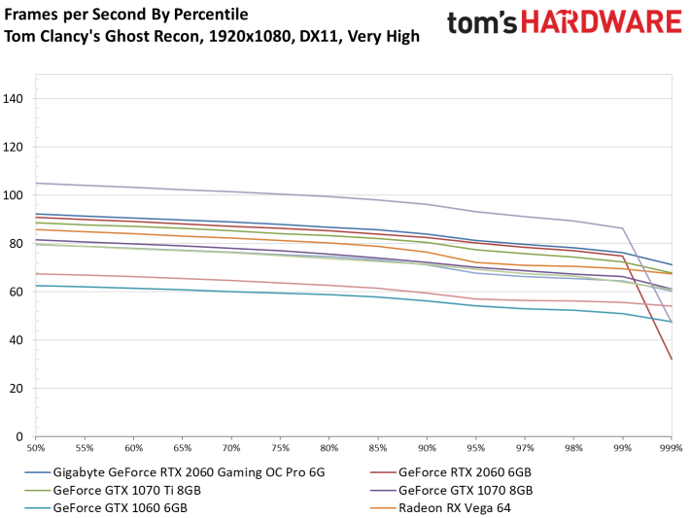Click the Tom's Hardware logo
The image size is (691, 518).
[564, 22]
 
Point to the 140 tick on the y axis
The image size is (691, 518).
[17, 98]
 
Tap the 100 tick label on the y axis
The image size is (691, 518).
[17, 194]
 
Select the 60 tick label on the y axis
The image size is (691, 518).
[19, 292]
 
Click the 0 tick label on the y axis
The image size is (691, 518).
[22, 436]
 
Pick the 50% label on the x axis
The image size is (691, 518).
[36, 449]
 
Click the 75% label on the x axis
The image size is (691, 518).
[281, 449]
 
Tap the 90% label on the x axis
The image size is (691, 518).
[427, 449]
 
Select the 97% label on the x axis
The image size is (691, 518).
[525, 449]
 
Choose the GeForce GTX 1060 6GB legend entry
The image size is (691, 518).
[121, 507]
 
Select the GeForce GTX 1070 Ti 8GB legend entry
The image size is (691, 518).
[131, 490]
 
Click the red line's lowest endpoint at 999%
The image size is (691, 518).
[671, 360]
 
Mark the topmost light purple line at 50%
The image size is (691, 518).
[36, 183]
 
